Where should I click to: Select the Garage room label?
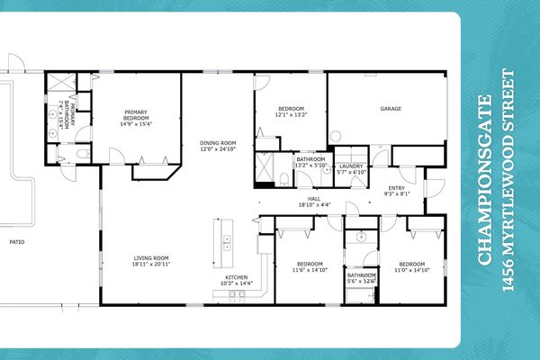click(x=391, y=110)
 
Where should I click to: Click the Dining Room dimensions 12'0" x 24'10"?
click(x=217, y=150)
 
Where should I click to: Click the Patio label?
click(x=16, y=242)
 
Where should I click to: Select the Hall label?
click(x=314, y=199)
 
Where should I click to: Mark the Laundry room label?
click(x=349, y=167)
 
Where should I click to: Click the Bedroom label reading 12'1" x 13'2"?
click(x=291, y=112)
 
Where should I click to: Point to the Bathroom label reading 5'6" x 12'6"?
click(x=362, y=279)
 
